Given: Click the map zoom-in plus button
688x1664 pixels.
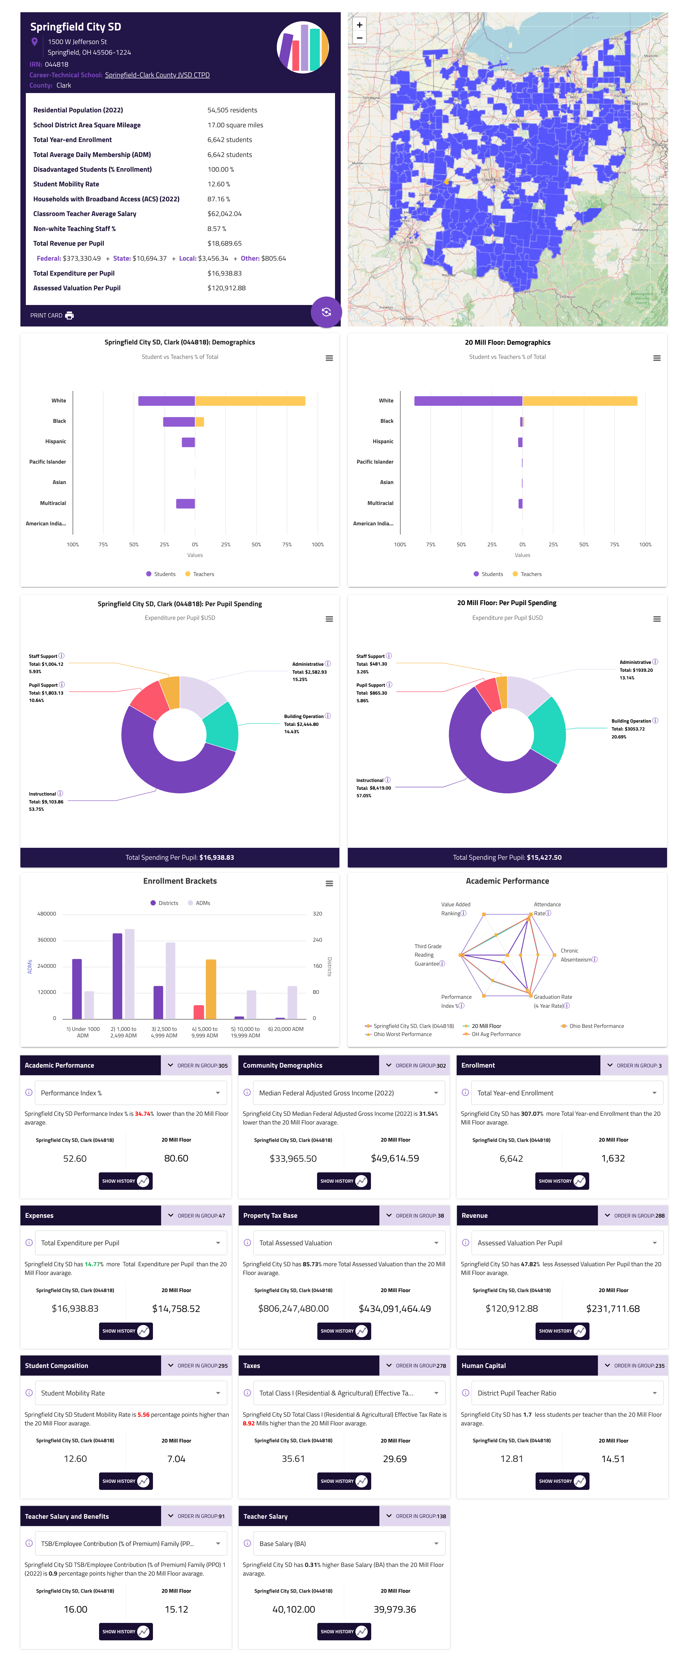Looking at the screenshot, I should (359, 24).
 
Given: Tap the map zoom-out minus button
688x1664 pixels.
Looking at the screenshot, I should (359, 38).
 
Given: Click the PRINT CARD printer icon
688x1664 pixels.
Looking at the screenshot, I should (69, 315).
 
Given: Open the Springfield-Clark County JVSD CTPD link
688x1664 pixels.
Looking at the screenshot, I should (157, 75).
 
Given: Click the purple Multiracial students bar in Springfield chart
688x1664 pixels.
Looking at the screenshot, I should (185, 503).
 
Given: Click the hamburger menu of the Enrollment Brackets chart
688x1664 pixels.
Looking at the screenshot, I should (329, 883).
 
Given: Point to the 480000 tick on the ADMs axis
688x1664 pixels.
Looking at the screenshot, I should (47, 913).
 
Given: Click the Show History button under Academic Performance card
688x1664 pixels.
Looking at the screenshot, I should (125, 1181).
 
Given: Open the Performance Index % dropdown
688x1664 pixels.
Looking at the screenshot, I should (130, 1093).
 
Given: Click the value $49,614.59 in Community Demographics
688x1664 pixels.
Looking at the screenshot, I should (395, 1158).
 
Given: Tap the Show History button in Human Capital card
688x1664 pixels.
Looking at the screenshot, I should (561, 1481).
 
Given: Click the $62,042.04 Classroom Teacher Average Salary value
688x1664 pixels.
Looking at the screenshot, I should (224, 214).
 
